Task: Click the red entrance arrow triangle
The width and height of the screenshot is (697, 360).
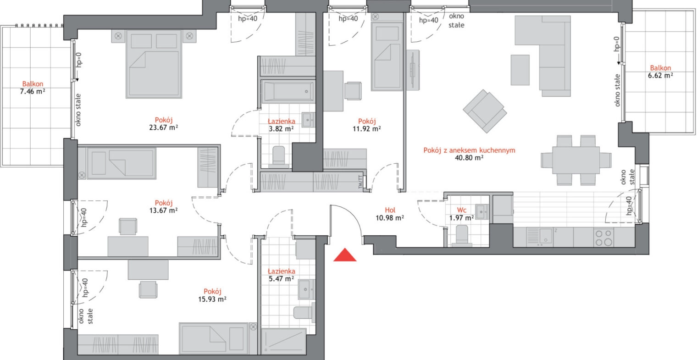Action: click(x=345, y=255)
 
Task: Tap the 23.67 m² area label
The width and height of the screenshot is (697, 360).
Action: click(x=163, y=127)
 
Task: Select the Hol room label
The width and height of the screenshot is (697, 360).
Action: click(x=390, y=210)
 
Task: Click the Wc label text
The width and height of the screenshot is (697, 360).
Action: click(x=461, y=210)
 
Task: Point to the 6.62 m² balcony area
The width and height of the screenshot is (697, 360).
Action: click(x=660, y=75)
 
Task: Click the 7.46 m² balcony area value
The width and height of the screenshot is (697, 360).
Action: click(x=33, y=91)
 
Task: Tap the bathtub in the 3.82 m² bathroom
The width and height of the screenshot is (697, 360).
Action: click(x=288, y=91)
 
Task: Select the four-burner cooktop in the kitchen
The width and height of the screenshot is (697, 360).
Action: click(x=603, y=238)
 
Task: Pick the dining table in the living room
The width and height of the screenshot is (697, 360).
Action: click(x=576, y=161)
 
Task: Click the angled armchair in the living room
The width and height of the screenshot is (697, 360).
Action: click(x=485, y=111)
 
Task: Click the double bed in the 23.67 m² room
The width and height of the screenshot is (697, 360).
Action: click(x=154, y=64)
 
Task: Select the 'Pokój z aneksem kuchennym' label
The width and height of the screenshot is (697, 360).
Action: click(x=469, y=150)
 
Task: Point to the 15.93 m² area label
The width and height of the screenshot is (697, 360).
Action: click(x=212, y=299)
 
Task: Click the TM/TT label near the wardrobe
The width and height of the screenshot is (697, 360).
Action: click(x=360, y=182)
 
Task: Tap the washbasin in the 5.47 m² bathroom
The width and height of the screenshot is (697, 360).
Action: click(x=306, y=289)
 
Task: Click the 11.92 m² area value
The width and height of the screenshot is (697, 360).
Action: click(x=366, y=128)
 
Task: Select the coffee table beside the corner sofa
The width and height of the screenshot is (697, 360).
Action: click(x=520, y=70)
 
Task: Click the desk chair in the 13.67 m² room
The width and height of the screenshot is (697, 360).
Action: click(x=128, y=226)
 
